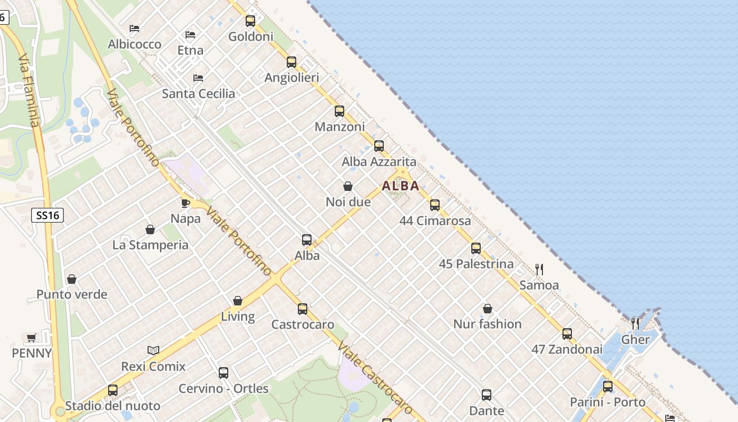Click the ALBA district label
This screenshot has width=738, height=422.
401,186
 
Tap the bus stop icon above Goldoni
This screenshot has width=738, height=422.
250,21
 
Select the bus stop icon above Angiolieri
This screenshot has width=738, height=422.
292,62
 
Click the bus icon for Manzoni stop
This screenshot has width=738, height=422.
339,111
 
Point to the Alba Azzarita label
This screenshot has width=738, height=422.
379,161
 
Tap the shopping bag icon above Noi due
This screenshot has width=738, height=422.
348,186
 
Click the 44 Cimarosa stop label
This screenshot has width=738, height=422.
435,220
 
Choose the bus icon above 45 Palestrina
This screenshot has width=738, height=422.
476,248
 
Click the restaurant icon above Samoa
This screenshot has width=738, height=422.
539,270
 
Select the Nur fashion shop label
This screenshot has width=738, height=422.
488,324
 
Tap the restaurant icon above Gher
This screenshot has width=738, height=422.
635,323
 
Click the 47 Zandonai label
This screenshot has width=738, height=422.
567,349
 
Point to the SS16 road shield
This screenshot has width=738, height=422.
47,215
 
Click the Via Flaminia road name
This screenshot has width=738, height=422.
29,90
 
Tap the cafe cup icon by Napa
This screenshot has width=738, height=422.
186,203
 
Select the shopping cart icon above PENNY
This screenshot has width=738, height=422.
32,338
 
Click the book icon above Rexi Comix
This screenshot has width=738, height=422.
153,350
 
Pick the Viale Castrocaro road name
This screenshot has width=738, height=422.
375,378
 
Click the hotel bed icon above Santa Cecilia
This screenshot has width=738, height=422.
198,78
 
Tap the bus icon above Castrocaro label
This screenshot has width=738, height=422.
303,309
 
